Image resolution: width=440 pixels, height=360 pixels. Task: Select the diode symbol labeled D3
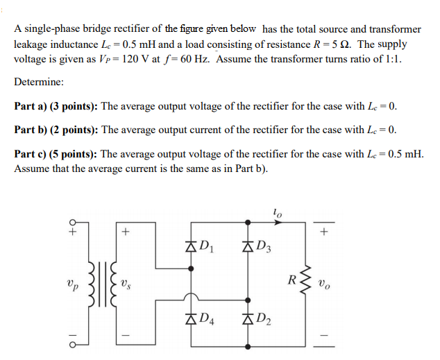(247, 245)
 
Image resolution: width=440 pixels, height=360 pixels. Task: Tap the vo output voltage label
(326, 283)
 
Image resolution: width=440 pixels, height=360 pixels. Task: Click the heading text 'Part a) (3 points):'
(57, 106)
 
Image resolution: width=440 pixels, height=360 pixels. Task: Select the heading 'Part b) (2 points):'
(57, 130)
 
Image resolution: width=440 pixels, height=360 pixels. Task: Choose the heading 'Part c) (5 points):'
(57, 153)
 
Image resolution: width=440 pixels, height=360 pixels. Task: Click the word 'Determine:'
(39, 82)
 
